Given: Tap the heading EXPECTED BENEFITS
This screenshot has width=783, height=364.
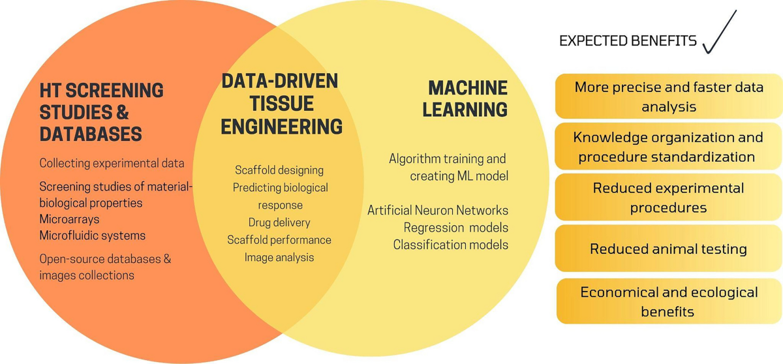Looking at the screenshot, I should coord(628,41).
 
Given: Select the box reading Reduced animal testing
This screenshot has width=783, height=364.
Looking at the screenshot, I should coord(668,249).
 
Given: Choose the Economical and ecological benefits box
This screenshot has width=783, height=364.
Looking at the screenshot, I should coord(668,301).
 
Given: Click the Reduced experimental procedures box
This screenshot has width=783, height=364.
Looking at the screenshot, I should coord(668,198).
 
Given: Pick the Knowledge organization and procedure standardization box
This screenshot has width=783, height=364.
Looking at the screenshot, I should coord(668,147).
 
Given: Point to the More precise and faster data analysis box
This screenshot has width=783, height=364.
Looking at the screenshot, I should coord(668,96).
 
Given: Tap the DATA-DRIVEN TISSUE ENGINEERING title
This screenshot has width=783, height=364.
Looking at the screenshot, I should coord(281,104).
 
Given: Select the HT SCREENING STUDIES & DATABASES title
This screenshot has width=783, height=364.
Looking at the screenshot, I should coord(101,112).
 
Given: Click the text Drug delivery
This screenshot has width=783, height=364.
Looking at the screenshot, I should coord(279,222).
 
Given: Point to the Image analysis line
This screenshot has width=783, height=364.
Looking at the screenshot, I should coord(279,257).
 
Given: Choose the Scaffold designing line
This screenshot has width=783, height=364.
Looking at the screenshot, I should coord(279,170).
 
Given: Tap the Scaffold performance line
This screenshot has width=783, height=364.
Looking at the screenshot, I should coord(279,239).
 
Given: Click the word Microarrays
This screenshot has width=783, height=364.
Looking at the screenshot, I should coord(70,219).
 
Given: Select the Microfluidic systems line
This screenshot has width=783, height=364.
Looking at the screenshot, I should coord(92,235).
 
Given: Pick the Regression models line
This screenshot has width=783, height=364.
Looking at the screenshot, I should coord(455,228).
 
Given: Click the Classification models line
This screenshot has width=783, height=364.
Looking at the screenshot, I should coord(450,245).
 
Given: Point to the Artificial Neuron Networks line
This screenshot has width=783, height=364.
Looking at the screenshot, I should coord(438,210).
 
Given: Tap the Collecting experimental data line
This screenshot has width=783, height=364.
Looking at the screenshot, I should coord(112,163).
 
